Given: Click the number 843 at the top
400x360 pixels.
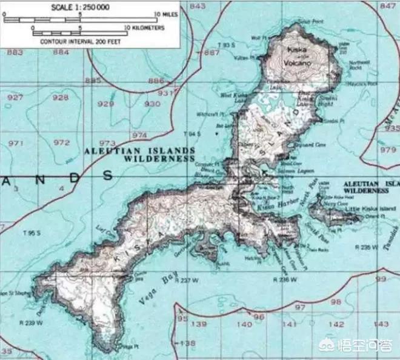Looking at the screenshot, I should tap(198, 5).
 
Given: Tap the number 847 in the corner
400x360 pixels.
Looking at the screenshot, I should tap(388, 5).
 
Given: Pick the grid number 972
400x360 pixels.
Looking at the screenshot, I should tap(61, 142).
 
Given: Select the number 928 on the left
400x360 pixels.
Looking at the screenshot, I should tap(60, 98).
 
